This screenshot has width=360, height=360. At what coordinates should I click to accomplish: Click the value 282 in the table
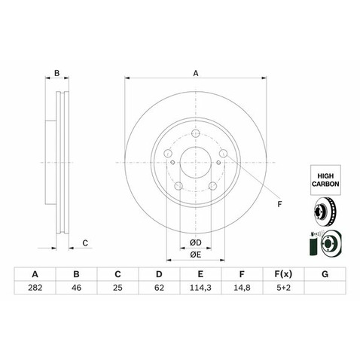coord(35,288)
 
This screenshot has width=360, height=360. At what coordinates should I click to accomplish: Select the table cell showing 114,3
coord(200,288)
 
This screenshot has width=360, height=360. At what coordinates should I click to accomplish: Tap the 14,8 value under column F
coord(242,288)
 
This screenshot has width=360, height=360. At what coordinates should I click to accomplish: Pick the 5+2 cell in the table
coord(283,288)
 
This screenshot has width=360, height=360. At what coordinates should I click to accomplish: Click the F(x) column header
coord(283,274)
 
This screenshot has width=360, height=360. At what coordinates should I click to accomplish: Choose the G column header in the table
coord(325,274)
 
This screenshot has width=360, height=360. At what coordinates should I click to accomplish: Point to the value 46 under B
coord(76,288)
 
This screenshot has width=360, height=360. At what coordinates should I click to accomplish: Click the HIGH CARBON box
coord(325,180)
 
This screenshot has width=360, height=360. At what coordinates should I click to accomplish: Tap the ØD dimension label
coord(196,243)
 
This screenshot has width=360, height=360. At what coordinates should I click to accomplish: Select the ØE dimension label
coord(196,255)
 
